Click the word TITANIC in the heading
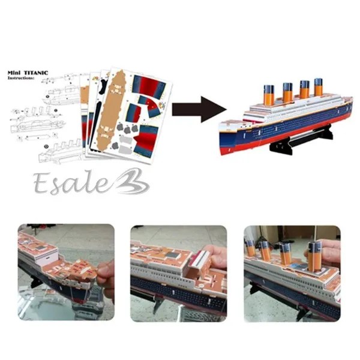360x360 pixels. (36, 73)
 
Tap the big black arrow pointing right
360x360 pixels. (199, 109)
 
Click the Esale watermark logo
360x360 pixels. (91, 182)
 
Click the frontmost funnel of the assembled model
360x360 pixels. (269, 94)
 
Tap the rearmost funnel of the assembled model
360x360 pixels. (319, 87)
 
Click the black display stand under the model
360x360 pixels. (302, 140)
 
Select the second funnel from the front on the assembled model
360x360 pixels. (287, 92)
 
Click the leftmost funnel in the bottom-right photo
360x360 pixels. (250, 248)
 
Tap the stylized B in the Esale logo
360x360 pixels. (131, 181)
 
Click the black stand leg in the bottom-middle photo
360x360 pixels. (158, 304)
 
